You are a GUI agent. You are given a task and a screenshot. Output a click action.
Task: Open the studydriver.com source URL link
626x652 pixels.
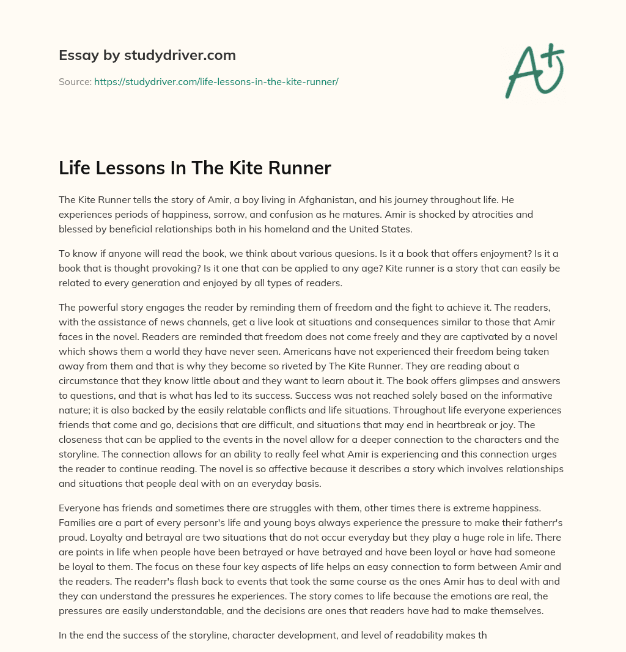216,81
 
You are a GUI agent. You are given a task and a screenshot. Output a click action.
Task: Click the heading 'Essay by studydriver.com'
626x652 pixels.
147,56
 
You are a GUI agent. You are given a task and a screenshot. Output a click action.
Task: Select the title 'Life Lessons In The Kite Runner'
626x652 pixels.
194,168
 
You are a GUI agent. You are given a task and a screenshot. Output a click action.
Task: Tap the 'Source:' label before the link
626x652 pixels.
75,81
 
